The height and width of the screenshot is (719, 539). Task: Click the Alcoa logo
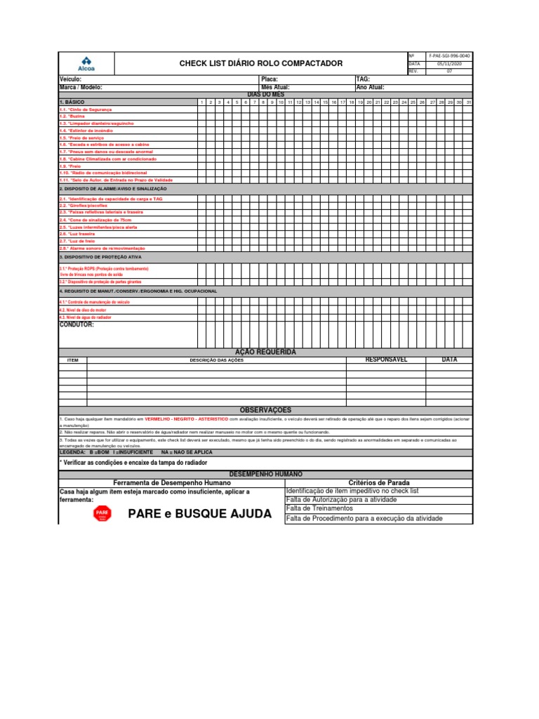86,63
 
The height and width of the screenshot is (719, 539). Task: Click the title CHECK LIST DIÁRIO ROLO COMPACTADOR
261,64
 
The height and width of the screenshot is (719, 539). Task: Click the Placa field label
269,79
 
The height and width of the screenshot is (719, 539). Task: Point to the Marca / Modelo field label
81,87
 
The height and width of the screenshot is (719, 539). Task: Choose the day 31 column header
468,103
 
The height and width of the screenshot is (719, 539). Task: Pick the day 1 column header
202,103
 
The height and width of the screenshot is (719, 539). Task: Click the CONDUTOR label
76,325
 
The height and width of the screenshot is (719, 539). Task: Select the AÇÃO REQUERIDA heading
265,352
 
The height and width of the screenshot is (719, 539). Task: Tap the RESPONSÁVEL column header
386,359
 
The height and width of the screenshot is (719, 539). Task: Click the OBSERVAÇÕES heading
265,410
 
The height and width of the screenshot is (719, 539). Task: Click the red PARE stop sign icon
102,514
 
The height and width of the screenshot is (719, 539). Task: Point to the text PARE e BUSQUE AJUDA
199,514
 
